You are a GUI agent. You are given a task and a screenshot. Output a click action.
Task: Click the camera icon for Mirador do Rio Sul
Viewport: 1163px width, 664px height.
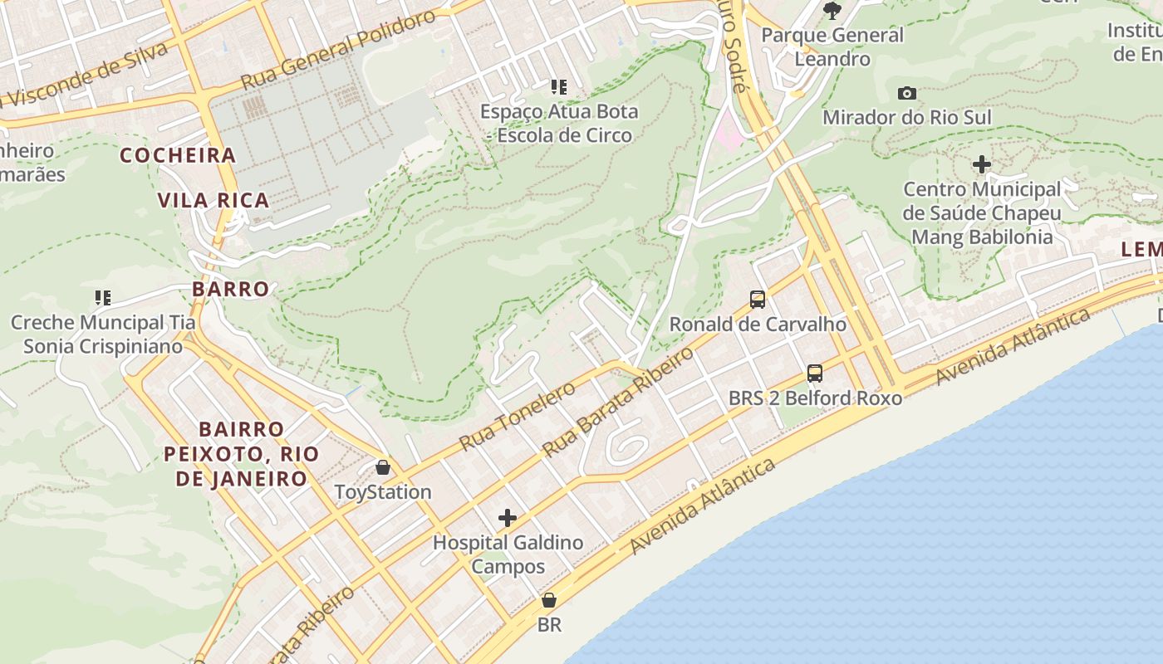pos(907,94)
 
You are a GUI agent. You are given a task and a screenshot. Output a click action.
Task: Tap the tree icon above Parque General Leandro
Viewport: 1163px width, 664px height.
pos(832,10)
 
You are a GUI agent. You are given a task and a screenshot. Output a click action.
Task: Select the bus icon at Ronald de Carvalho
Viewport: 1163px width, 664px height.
pos(758,300)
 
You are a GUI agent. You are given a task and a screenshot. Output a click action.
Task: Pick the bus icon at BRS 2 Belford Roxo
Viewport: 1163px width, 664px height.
pos(815,373)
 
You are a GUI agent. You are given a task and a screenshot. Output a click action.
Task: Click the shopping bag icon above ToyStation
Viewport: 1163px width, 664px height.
pos(383,467)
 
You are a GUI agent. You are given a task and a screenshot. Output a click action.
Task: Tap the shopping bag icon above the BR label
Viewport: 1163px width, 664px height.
pos(549,600)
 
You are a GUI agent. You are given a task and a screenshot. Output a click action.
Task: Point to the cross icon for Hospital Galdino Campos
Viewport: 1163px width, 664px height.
pos(508,519)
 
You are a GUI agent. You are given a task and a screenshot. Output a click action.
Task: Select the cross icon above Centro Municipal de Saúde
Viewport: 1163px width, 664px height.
pos(982,164)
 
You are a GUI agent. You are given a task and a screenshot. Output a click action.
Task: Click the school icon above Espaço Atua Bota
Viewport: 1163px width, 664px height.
pos(559,86)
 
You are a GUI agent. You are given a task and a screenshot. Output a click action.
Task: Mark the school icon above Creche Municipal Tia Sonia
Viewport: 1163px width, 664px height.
pos(103,297)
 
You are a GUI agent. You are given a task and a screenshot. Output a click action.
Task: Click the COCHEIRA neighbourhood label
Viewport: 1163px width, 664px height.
pos(178,155)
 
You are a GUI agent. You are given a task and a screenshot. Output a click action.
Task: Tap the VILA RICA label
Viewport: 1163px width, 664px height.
pos(213,200)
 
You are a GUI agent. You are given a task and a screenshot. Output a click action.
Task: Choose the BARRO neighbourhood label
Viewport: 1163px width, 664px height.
pos(231,289)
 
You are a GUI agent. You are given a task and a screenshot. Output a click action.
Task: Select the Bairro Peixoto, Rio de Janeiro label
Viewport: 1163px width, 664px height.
pos(241,454)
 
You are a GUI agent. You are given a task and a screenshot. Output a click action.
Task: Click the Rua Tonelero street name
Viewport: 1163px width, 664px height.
pos(517,416)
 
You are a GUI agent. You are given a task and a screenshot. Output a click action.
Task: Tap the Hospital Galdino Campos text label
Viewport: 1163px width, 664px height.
pos(508,554)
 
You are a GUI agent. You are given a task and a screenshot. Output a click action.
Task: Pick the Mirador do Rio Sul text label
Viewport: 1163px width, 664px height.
pos(907,118)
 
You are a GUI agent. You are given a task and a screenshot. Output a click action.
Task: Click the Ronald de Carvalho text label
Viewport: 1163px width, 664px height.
pos(758,325)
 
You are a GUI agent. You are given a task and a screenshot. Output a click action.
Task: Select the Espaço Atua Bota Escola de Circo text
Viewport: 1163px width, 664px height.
pos(559,123)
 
